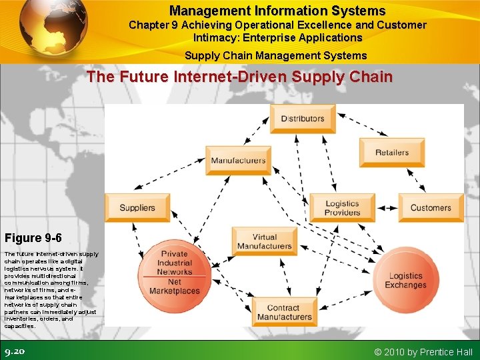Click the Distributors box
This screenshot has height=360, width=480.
[303, 119]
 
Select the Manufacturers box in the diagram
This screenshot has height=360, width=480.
[238, 161]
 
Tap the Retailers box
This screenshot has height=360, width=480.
[391, 153]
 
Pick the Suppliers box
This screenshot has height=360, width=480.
[137, 208]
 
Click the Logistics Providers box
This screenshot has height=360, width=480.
[342, 208]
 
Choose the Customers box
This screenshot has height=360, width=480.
[430, 208]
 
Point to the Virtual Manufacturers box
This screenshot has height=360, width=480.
[264, 241]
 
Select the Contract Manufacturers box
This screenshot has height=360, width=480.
[283, 312]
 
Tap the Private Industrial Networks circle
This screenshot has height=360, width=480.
[175, 263]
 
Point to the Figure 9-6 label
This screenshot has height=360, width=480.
[33, 238]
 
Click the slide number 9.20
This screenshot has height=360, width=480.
[15, 351]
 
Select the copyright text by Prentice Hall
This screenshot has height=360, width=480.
[423, 351]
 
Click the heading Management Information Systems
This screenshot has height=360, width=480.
[277, 11]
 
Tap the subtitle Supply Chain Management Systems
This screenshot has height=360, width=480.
[275, 55]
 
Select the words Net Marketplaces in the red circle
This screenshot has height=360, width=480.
[175, 286]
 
